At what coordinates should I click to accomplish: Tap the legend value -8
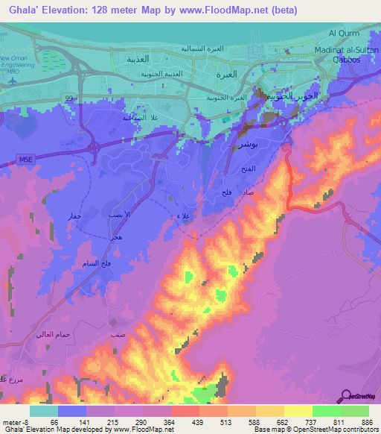pos(23,421)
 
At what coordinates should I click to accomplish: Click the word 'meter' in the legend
pos(10,421)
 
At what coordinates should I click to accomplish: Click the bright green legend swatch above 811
pos(326,411)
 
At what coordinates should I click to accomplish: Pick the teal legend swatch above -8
pos(44,411)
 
